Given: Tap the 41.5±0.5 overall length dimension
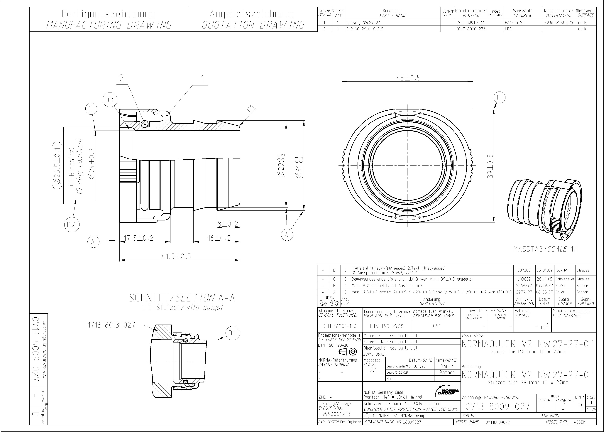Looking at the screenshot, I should tap(176, 256).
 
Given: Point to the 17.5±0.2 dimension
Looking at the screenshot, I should tap(138, 238).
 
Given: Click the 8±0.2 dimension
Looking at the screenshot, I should tap(228, 224).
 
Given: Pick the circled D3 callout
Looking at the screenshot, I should tap(110, 100).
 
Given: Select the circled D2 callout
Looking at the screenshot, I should tap(72, 225).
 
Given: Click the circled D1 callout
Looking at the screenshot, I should tap(233, 333).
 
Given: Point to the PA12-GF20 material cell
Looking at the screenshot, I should tap(515, 23).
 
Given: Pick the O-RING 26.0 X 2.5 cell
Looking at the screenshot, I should tap(365, 29).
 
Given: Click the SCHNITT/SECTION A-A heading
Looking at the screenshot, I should tap(182, 298).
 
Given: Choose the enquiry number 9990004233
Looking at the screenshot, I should tap(336, 414).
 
